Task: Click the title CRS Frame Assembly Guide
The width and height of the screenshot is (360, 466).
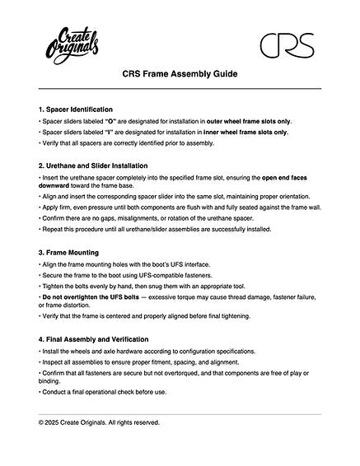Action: [x=180, y=74]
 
